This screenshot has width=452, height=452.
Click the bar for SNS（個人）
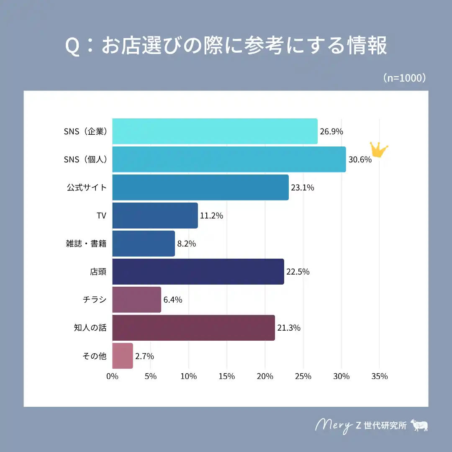229,159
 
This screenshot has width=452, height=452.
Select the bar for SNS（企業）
215,131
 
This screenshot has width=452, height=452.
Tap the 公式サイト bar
200,187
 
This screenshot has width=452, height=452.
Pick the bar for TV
155,216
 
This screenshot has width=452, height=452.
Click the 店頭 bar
198,272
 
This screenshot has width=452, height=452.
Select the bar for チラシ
136,300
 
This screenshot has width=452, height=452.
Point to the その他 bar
122,356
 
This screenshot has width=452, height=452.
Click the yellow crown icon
379,149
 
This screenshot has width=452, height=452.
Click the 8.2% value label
187,244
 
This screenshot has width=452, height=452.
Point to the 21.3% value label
289,328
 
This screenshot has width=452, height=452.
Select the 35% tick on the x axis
379,376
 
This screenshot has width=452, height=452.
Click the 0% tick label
112,376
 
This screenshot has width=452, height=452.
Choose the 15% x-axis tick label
227,376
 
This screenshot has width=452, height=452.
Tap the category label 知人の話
90,328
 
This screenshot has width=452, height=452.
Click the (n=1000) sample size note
404,78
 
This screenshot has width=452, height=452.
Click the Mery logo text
333,425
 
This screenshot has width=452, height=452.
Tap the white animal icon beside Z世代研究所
419,425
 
